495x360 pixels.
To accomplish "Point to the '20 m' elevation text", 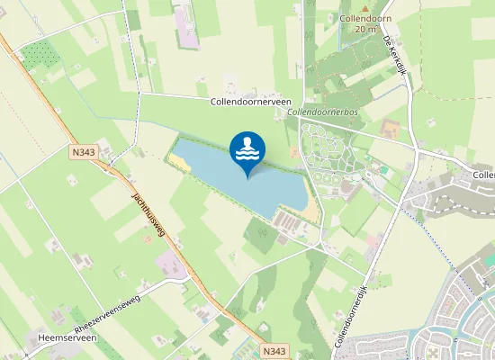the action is [x=365, y=29].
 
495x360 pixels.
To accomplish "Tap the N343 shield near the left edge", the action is [x=81, y=154].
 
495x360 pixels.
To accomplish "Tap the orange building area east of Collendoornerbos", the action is [x=391, y=129].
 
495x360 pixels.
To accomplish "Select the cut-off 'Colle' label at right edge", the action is [x=483, y=174].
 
